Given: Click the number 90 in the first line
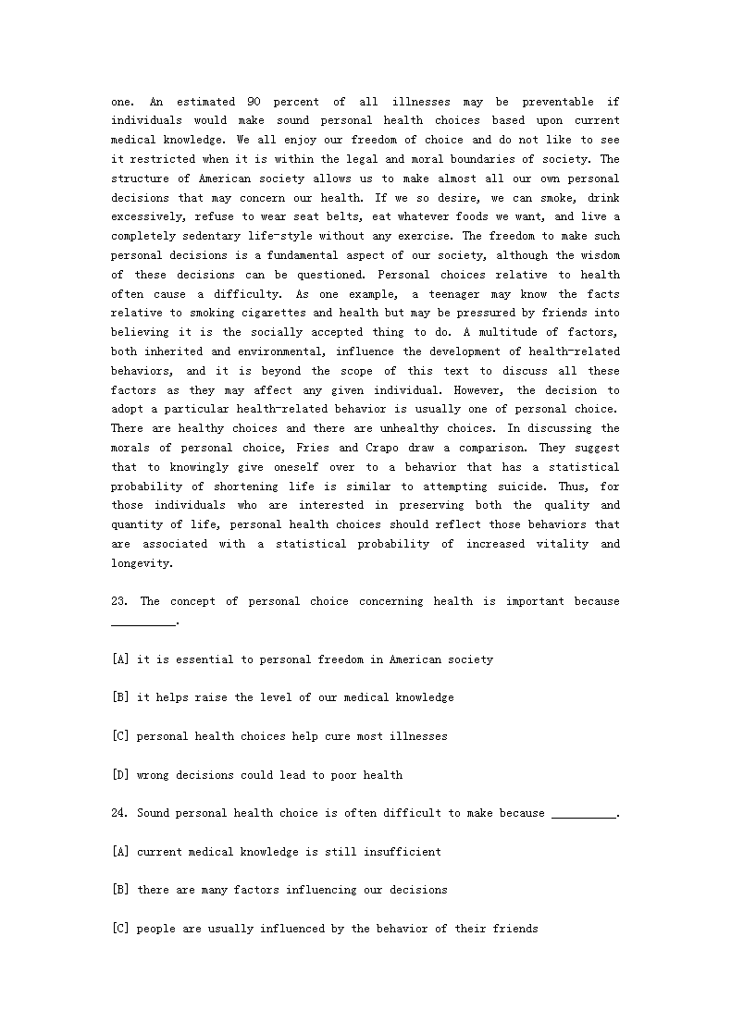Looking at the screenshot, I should point(253,102).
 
